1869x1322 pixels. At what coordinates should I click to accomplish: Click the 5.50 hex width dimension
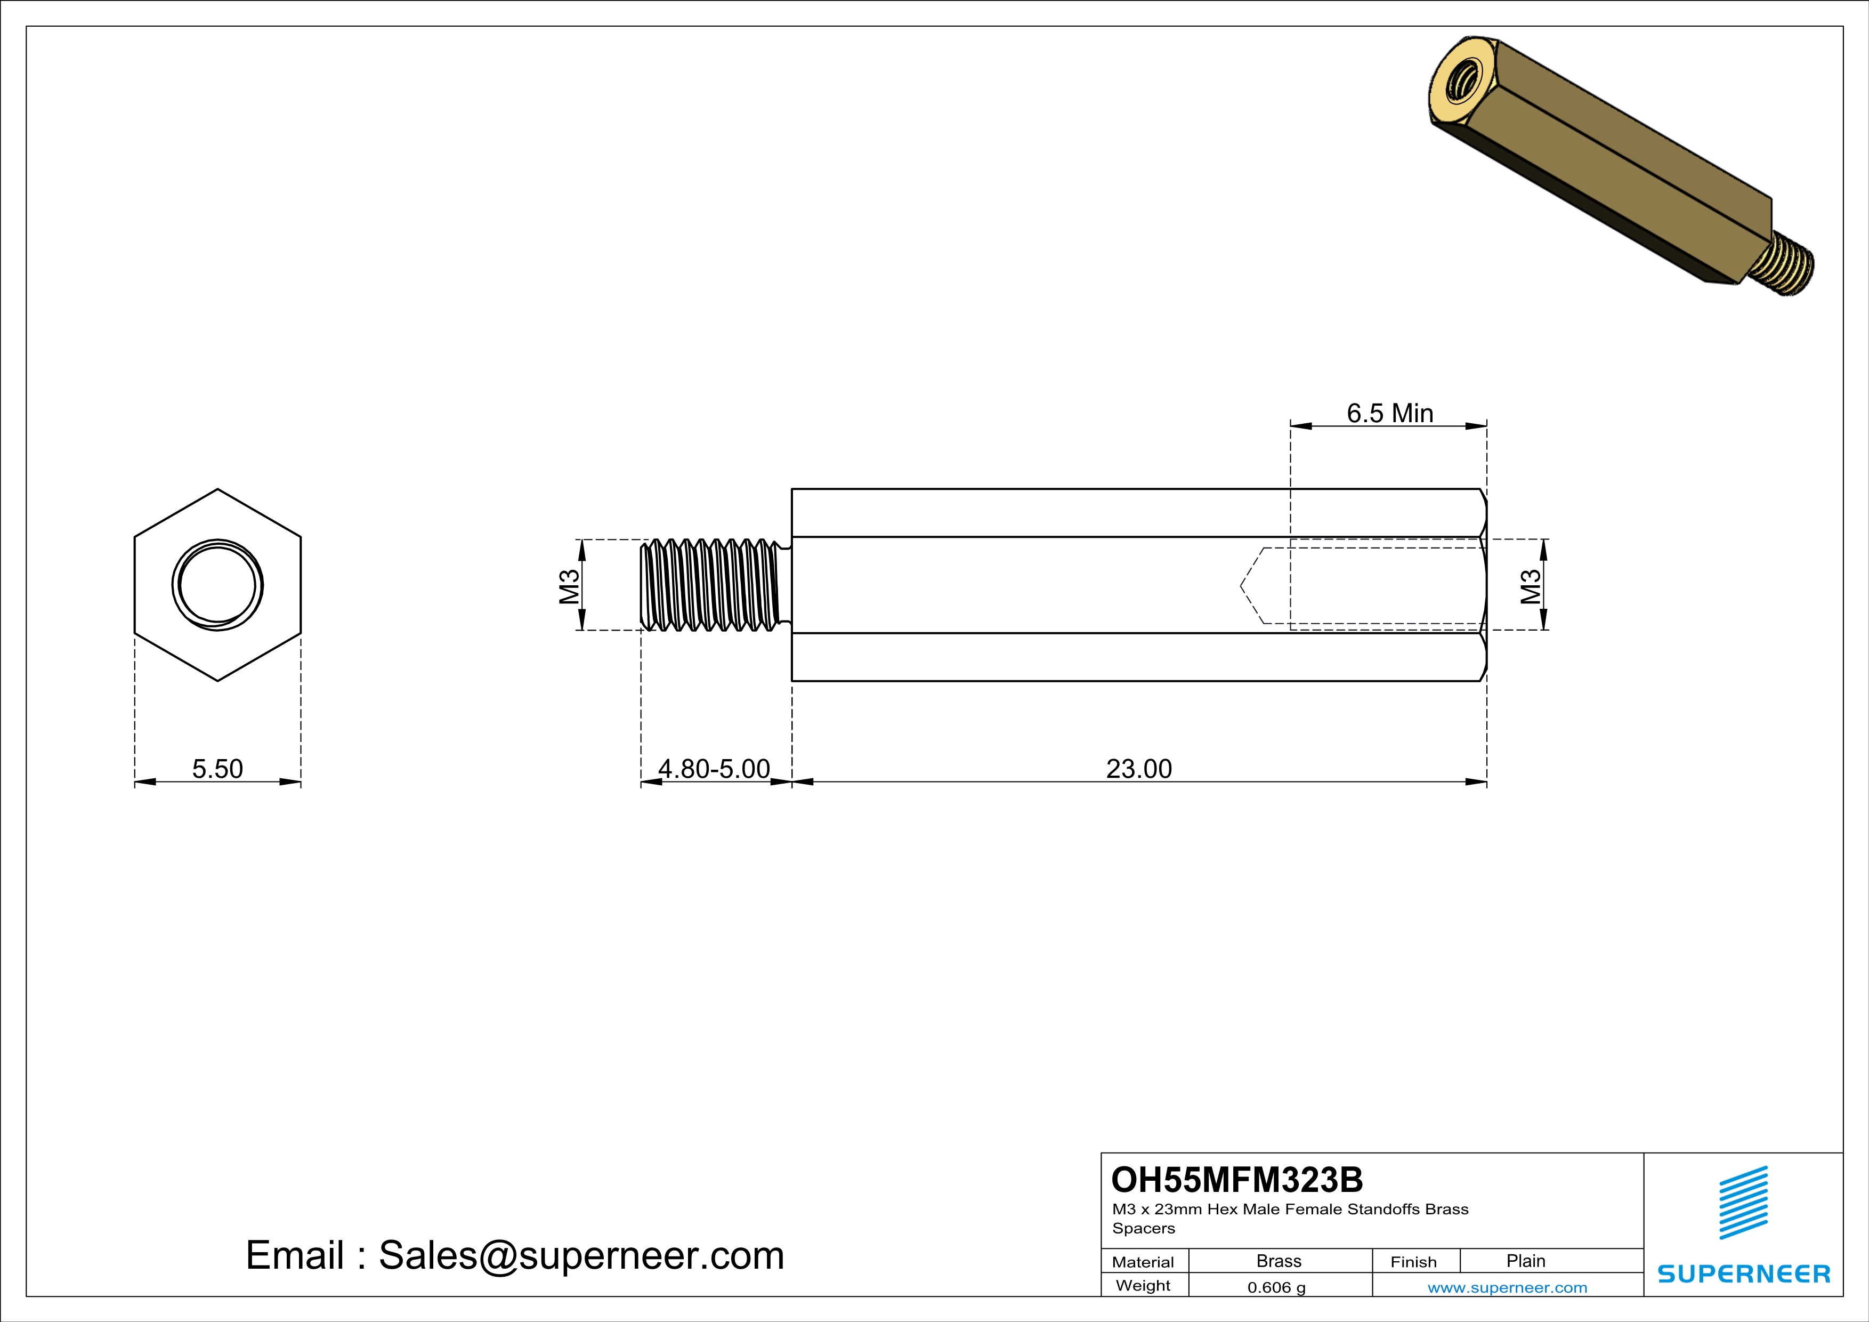pos(217,769)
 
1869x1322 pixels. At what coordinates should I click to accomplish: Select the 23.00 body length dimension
pos(1139,769)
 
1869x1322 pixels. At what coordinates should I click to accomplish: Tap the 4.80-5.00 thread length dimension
pos(714,769)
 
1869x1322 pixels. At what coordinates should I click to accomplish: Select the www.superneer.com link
pos(1507,1287)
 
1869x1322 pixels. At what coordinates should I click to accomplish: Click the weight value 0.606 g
pos(1276,1287)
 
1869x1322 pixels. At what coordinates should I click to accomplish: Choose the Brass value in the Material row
pos(1279,1261)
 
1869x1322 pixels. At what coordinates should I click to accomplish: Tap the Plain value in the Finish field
pos(1525,1261)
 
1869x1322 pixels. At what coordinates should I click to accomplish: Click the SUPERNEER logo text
pos(1744,1273)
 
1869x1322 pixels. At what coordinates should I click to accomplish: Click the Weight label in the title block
pos(1143,1285)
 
